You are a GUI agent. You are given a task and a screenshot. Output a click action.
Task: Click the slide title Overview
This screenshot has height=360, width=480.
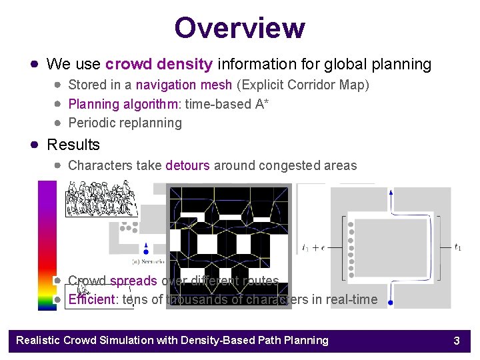tap(239, 28)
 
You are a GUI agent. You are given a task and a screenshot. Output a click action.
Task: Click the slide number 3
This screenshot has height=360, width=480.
tap(457, 341)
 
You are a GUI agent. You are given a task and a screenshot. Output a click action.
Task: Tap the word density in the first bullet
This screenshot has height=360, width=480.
tap(188, 65)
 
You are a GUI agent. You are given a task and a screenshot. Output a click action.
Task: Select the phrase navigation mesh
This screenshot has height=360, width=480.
tap(184, 85)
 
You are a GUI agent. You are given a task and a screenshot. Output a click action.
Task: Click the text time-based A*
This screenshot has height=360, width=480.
tap(227, 104)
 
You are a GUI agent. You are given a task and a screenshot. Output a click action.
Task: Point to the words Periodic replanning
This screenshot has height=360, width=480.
tap(125, 123)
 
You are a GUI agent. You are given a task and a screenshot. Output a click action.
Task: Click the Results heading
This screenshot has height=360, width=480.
tap(73, 145)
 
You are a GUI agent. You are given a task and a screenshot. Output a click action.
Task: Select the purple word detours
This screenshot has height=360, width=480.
tap(187, 165)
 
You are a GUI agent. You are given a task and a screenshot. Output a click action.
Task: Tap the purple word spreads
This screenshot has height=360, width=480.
tap(133, 281)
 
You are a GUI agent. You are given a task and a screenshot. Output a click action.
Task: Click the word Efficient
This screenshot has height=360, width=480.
tap(92, 299)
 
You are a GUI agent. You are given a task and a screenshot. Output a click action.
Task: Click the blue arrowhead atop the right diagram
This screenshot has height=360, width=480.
tap(391, 193)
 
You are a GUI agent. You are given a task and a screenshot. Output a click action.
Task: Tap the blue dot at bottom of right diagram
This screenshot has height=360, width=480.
tap(391, 303)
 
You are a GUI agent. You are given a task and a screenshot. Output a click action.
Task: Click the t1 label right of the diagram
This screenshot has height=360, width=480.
tap(458, 247)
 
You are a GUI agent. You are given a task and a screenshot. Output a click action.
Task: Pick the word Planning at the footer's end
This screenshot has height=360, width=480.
tap(305, 341)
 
